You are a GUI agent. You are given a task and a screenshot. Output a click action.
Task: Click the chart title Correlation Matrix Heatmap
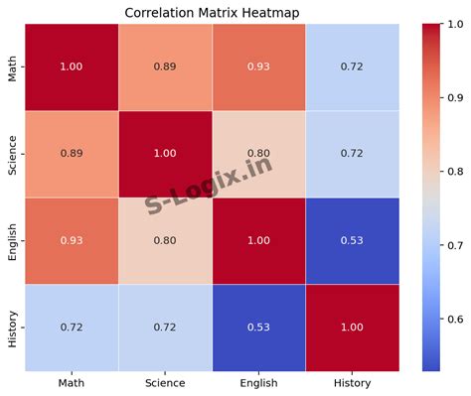(x=212, y=12)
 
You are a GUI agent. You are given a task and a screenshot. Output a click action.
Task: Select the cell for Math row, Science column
(x=165, y=66)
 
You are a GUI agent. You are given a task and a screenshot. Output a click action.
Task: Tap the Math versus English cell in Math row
(x=259, y=66)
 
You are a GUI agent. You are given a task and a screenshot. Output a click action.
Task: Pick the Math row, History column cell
(x=353, y=66)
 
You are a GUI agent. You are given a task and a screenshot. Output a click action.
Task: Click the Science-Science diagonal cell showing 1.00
(x=165, y=154)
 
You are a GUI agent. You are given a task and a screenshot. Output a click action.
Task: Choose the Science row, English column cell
(x=259, y=154)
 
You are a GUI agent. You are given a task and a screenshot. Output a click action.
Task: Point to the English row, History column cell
(x=353, y=240)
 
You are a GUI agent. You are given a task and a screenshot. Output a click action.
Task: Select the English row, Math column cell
(x=72, y=240)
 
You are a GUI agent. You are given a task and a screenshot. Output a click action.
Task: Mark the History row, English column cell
(x=259, y=327)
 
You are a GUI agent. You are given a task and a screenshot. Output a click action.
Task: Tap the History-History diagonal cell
(x=353, y=327)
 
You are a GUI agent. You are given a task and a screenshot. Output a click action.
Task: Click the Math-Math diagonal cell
(x=72, y=66)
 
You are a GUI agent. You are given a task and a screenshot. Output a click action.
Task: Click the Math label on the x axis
(x=72, y=383)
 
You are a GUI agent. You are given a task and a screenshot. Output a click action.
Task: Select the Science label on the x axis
(x=165, y=383)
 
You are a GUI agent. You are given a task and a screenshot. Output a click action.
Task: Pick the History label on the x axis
(x=353, y=383)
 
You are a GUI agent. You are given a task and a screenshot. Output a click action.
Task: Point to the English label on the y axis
(x=12, y=240)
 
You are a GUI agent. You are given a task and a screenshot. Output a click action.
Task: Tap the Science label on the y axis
(x=12, y=154)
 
